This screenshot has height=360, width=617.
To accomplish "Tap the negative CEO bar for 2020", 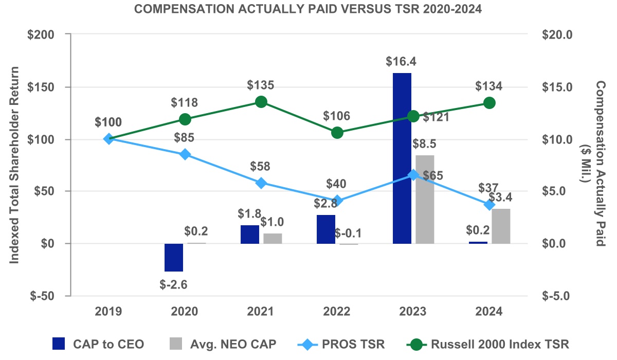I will point(174,257).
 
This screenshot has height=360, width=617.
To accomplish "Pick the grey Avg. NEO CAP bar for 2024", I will point(501,226).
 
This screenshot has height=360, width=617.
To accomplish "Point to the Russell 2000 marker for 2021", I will point(261,102).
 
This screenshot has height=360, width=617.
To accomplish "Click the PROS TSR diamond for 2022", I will point(337,201).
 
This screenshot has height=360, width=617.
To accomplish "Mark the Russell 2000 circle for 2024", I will point(489,103).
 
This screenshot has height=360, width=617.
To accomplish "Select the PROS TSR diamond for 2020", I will point(185,154).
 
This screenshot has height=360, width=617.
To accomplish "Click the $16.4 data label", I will point(402,62).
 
